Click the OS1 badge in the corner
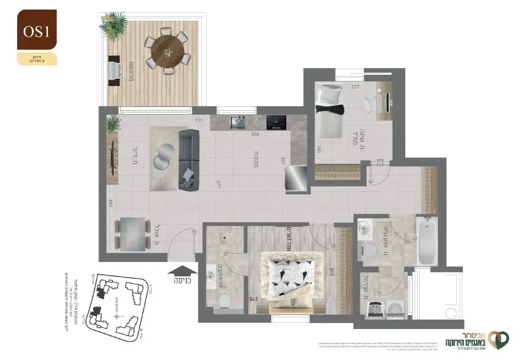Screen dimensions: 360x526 (x=37, y=31)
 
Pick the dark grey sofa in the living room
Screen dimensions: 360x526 (x=188, y=160)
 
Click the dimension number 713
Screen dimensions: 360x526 (x=199, y=120)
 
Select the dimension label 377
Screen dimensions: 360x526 (x=220, y=184)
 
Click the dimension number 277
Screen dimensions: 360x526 (x=355, y=87)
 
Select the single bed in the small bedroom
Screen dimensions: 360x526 (x=328, y=111)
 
